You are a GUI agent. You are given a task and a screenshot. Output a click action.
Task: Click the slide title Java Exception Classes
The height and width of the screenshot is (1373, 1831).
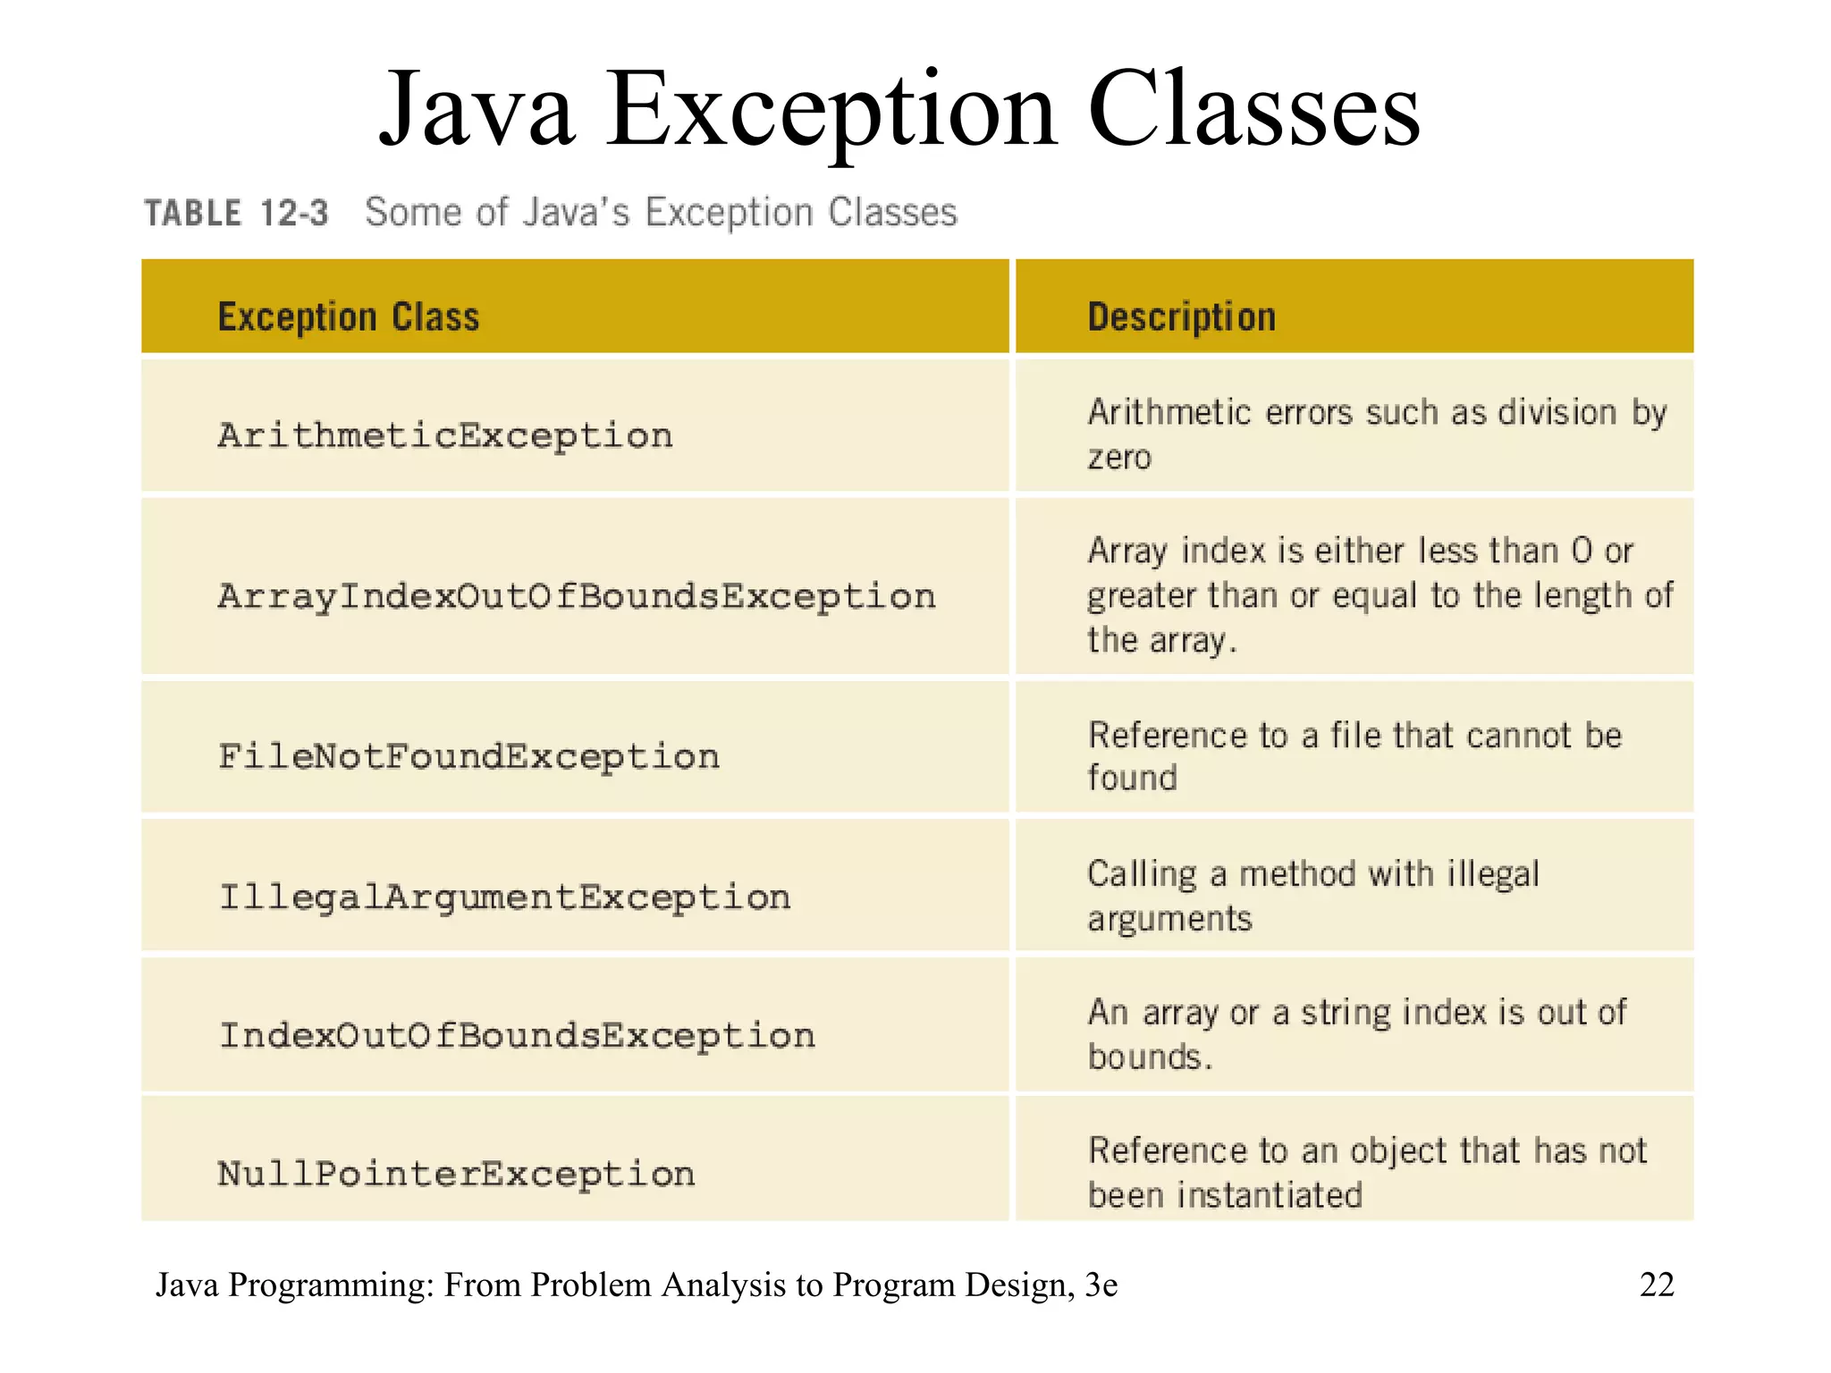coord(899,111)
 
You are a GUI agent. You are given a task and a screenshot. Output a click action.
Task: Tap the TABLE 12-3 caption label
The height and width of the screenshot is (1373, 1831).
coord(237,214)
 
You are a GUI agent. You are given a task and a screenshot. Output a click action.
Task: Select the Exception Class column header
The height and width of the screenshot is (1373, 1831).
coord(349,317)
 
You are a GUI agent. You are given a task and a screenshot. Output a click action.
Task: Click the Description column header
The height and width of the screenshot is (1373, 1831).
coord(1181,317)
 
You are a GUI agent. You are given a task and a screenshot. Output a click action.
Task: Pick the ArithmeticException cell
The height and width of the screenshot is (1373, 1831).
coord(445,436)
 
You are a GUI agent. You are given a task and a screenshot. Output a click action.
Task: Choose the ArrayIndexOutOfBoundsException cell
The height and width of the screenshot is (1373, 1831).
coord(577,596)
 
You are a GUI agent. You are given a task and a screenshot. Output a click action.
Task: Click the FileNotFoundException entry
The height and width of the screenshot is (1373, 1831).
coord(468,757)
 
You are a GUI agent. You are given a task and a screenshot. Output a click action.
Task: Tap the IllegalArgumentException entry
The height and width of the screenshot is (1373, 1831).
coord(505,897)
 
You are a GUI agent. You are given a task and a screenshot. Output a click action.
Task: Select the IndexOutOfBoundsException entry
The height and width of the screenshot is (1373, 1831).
coord(517,1035)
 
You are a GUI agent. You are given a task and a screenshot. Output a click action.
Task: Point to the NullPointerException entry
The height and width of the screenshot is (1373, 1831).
coord(456,1174)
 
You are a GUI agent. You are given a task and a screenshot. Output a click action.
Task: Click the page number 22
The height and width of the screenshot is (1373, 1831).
coord(1656,1285)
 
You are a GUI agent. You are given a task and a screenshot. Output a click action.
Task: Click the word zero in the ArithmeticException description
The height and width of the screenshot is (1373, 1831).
coord(1119,458)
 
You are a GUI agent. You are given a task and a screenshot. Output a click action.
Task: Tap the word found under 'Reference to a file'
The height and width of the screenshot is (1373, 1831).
coord(1132,779)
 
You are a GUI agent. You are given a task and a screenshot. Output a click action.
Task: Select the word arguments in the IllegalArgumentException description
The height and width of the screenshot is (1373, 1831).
coord(1169,920)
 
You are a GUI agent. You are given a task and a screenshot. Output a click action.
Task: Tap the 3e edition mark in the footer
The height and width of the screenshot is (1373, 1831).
coord(1101,1285)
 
